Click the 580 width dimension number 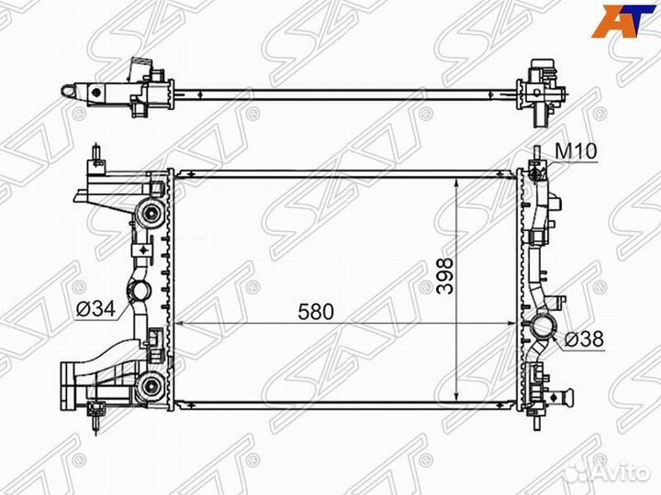[x=315, y=312]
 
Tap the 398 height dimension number [x=445, y=276]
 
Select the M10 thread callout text [x=576, y=151]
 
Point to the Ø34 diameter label [x=95, y=310]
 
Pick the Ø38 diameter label [x=584, y=339]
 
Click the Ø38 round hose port [x=543, y=326]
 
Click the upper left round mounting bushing [x=150, y=213]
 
